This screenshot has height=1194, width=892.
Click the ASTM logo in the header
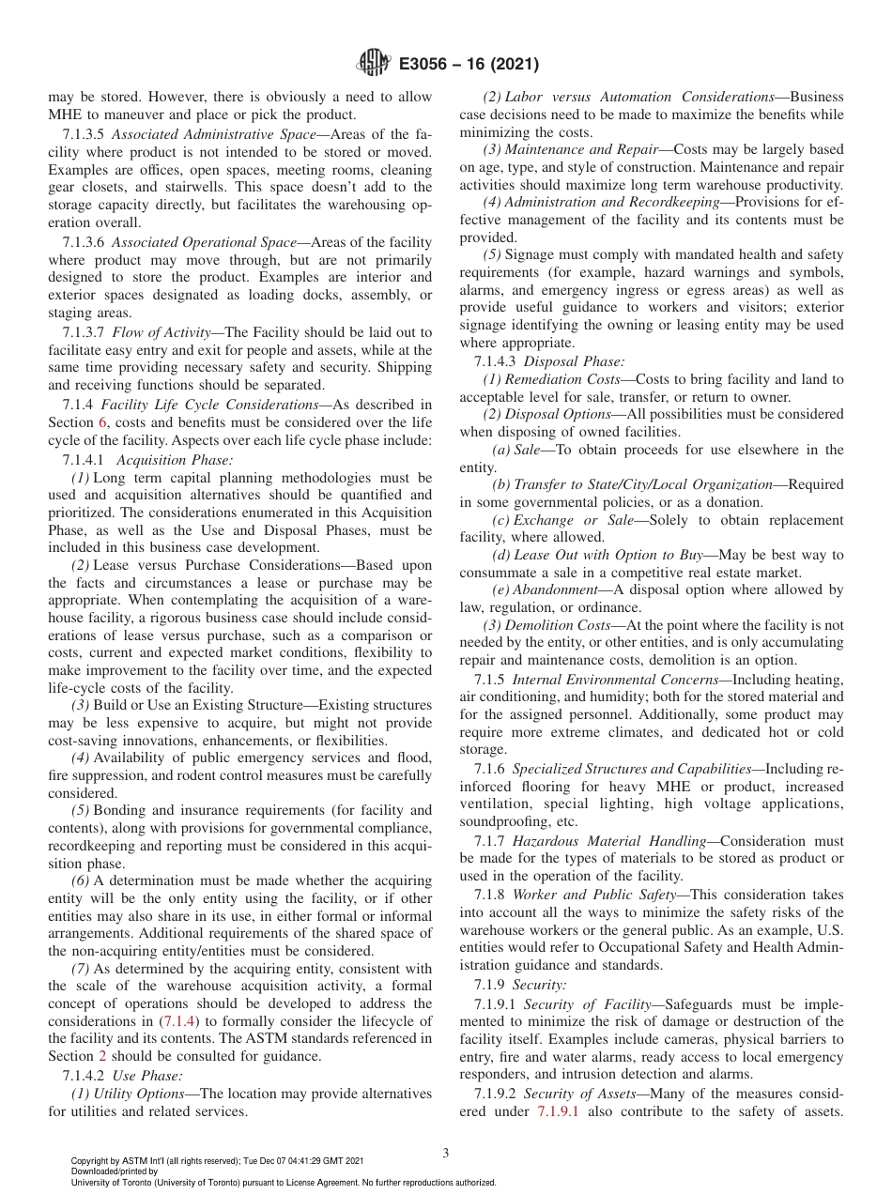click(x=374, y=64)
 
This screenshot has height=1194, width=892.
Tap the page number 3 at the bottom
click(x=445, y=1154)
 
